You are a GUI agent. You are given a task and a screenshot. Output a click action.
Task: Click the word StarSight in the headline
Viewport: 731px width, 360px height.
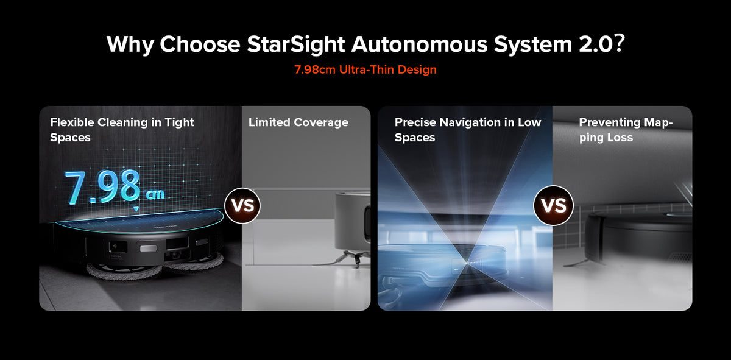pyautogui.click(x=295, y=44)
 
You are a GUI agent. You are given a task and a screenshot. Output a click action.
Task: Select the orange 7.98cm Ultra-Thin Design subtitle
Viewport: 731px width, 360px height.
pyautogui.click(x=365, y=69)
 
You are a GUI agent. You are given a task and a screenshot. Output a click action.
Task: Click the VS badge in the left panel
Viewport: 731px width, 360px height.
pyautogui.click(x=242, y=206)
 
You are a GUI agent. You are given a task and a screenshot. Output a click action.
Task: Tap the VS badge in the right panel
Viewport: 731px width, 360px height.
pyautogui.click(x=554, y=206)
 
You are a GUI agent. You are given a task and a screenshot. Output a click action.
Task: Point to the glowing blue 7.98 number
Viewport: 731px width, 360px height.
pyautogui.click(x=103, y=186)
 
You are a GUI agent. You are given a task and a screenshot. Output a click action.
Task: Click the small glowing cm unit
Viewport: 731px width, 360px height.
pyautogui.click(x=155, y=194)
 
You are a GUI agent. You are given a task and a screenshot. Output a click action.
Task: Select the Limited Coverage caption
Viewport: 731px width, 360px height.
pyautogui.click(x=298, y=122)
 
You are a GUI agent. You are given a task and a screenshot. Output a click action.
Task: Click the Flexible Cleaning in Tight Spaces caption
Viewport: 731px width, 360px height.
pyautogui.click(x=122, y=130)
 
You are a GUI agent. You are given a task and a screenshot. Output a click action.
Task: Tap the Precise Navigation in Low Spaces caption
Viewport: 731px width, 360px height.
pyautogui.click(x=468, y=130)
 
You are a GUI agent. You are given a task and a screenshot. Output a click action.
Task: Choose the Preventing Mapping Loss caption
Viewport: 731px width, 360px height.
pyautogui.click(x=626, y=130)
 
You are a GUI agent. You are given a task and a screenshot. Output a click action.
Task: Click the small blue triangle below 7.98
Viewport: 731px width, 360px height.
pyautogui.click(x=136, y=209)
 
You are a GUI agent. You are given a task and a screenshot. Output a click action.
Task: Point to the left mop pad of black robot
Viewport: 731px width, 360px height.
pyautogui.click(x=124, y=272)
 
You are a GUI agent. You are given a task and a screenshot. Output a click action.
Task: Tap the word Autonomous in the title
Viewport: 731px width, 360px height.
pyautogui.click(x=419, y=44)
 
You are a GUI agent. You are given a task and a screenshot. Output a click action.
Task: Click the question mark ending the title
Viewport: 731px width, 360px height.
pyautogui.click(x=619, y=43)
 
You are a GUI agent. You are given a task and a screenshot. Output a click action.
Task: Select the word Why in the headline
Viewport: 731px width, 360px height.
pyautogui.click(x=130, y=44)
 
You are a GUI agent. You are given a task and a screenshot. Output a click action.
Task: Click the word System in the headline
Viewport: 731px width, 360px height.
pyautogui.click(x=532, y=44)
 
